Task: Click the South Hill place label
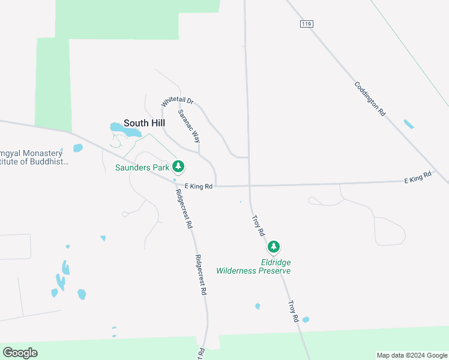144,123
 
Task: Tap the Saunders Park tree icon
178,166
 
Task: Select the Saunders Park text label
142,167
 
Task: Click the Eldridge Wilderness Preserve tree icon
274,247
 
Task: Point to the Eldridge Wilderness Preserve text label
276,266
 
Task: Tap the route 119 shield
306,24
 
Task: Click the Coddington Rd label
369,99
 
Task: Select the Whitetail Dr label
177,103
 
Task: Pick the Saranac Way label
189,125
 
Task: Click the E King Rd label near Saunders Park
199,187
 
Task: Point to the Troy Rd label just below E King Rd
258,225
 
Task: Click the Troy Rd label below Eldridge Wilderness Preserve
294,312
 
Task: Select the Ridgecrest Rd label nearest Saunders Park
184,208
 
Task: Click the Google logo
20,353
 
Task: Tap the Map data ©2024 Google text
412,355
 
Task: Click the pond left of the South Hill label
116,127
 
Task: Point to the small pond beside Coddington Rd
409,124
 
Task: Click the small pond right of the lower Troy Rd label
306,320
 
